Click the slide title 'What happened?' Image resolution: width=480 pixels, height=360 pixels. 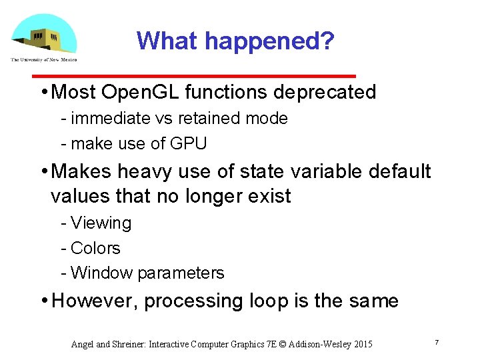(x=235, y=41)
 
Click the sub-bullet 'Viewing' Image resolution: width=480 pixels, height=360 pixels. (x=101, y=223)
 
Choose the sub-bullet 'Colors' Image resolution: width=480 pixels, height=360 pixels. (x=95, y=249)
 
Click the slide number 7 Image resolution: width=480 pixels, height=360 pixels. (x=436, y=342)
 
